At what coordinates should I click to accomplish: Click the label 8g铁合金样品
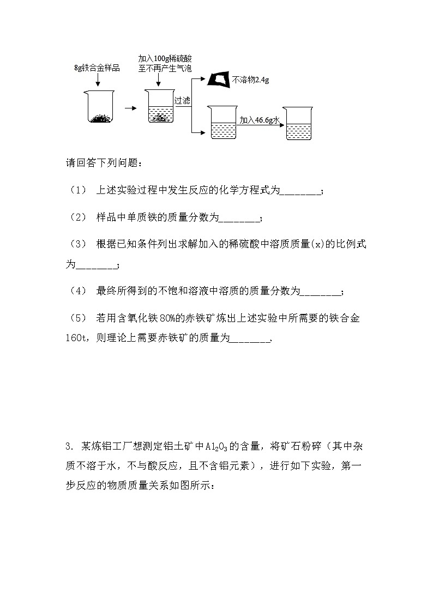(97, 68)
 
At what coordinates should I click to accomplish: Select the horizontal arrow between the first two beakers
(130, 108)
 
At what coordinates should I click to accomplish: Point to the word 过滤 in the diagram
(182, 101)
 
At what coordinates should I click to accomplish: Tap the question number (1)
(78, 190)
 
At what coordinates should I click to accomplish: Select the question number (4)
(78, 292)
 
